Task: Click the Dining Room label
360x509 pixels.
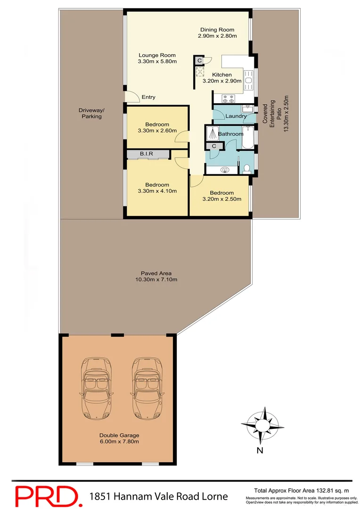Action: click(x=217, y=30)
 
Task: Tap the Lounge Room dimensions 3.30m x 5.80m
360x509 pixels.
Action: click(x=157, y=61)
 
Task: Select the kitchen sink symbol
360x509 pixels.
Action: click(x=249, y=79)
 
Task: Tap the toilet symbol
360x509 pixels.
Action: click(x=246, y=168)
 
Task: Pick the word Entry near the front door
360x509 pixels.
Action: click(x=148, y=98)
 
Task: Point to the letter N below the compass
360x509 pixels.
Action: click(x=260, y=450)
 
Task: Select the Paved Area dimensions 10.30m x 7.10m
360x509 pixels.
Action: click(x=156, y=279)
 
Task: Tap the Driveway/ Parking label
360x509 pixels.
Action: click(x=91, y=113)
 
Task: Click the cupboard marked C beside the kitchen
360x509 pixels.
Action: click(x=200, y=60)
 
